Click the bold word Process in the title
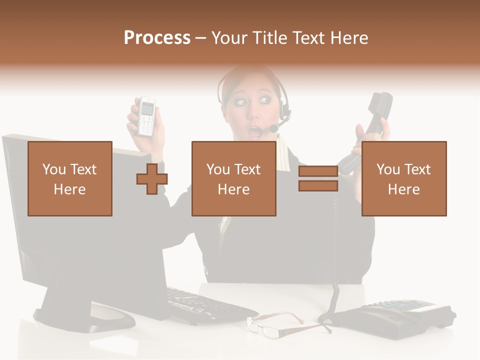tap(157, 37)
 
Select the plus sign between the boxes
tap(152, 178)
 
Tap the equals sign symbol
tap(318, 178)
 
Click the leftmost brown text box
tap(70, 178)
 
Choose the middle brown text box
tap(234, 178)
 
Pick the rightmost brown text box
tap(404, 178)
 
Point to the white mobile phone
tap(146, 116)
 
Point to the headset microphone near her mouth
tap(274, 129)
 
